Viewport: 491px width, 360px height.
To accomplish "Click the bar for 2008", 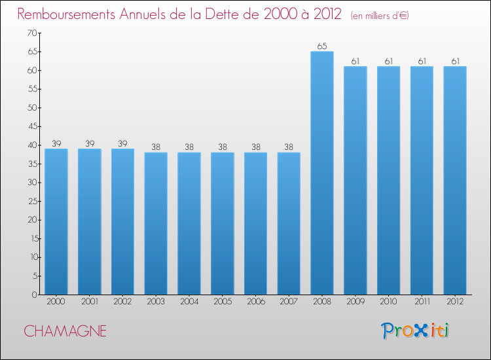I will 322,173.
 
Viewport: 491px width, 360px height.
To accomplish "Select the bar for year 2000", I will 56,222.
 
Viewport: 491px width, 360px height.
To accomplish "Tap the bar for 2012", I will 455,181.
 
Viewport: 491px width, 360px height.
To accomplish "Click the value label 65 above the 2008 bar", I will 322,46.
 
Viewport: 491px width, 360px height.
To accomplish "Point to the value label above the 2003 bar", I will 156,147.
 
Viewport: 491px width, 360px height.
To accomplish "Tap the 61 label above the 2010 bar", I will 388,62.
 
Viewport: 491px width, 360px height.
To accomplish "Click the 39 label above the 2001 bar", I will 89,143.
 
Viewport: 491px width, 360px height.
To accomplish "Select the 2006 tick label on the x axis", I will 255,302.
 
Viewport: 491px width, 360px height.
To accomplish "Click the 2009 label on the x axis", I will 355,302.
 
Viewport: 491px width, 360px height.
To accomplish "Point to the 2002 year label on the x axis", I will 122,302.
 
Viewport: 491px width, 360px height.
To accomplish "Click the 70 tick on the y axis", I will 31,33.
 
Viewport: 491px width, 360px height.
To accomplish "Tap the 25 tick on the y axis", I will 31,201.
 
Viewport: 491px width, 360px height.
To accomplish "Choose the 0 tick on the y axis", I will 33,295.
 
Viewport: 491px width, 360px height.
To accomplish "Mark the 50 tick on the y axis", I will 31,107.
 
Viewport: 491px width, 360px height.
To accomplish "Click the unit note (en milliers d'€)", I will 380,15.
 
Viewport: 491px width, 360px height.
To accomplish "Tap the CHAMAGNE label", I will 65,331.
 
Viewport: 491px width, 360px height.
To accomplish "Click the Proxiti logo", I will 416,331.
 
